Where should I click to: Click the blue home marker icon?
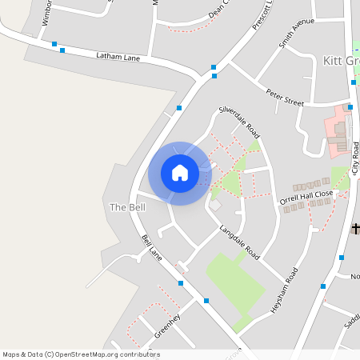click(180, 173)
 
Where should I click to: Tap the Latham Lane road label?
click(118, 56)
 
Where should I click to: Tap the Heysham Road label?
click(284, 289)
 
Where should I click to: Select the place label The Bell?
click(127, 207)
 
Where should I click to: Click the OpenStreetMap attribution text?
click(81, 354)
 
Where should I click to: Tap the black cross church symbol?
click(356, 229)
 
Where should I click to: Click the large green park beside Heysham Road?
click(236, 284)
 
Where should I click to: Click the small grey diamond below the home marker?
click(214, 206)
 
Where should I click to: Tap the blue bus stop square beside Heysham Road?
click(342, 258)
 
